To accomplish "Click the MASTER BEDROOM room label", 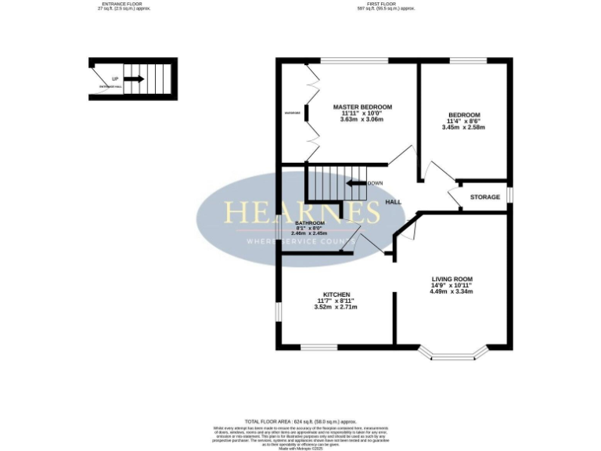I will [362, 106].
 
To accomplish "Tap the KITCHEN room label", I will [336, 294].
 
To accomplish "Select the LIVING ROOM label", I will [452, 279].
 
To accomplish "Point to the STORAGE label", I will [484, 197].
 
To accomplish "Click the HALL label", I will [393, 202].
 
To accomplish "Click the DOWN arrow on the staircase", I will [356, 183].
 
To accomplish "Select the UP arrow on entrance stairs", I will [133, 79].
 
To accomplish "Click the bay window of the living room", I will [454, 355].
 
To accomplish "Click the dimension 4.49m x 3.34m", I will [452, 291].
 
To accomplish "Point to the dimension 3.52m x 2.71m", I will [336, 307].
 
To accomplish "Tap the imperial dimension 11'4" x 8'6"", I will [464, 121].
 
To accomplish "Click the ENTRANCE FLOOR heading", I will [122, 4].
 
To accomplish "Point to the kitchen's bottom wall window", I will [318, 346].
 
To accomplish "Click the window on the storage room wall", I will [510, 193].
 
